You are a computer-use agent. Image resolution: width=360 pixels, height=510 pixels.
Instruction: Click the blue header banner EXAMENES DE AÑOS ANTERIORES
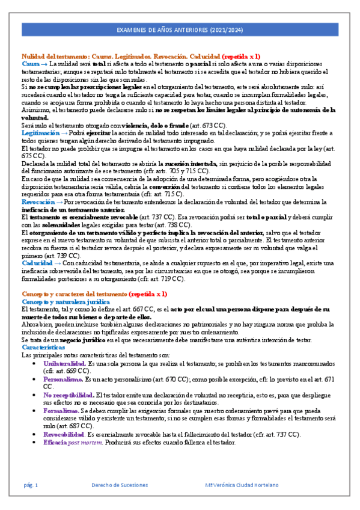pyautogui.click(x=180, y=31)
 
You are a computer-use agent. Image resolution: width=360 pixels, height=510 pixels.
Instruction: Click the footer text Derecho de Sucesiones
pyautogui.click(x=119, y=485)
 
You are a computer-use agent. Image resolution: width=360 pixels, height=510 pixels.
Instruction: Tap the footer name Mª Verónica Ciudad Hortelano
pyautogui.click(x=242, y=485)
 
